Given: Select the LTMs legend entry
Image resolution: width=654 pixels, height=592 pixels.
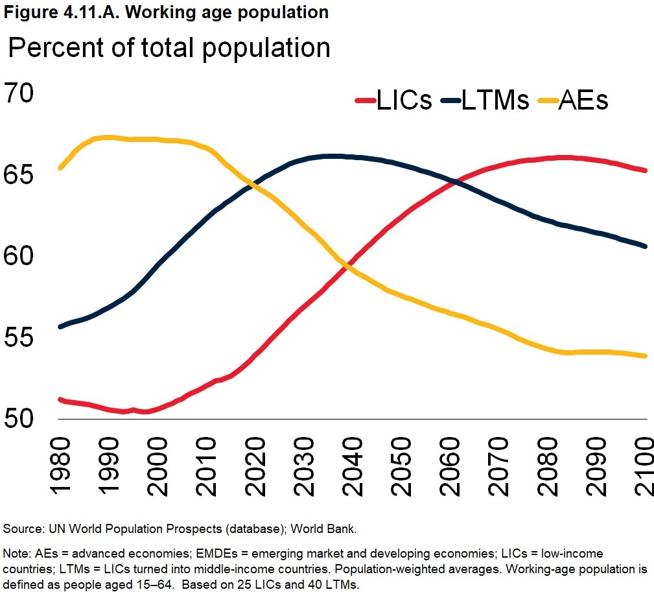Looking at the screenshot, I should pyautogui.click(x=485, y=101).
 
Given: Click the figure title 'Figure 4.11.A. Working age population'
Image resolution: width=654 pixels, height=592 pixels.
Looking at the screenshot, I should pyautogui.click(x=166, y=12).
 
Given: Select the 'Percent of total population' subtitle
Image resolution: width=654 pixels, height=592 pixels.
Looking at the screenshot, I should pyautogui.click(x=169, y=49).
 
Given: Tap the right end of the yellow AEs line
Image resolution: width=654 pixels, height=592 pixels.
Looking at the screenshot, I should pyautogui.click(x=645, y=356).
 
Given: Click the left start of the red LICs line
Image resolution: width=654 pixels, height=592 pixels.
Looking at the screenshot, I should pyautogui.click(x=60, y=399).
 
